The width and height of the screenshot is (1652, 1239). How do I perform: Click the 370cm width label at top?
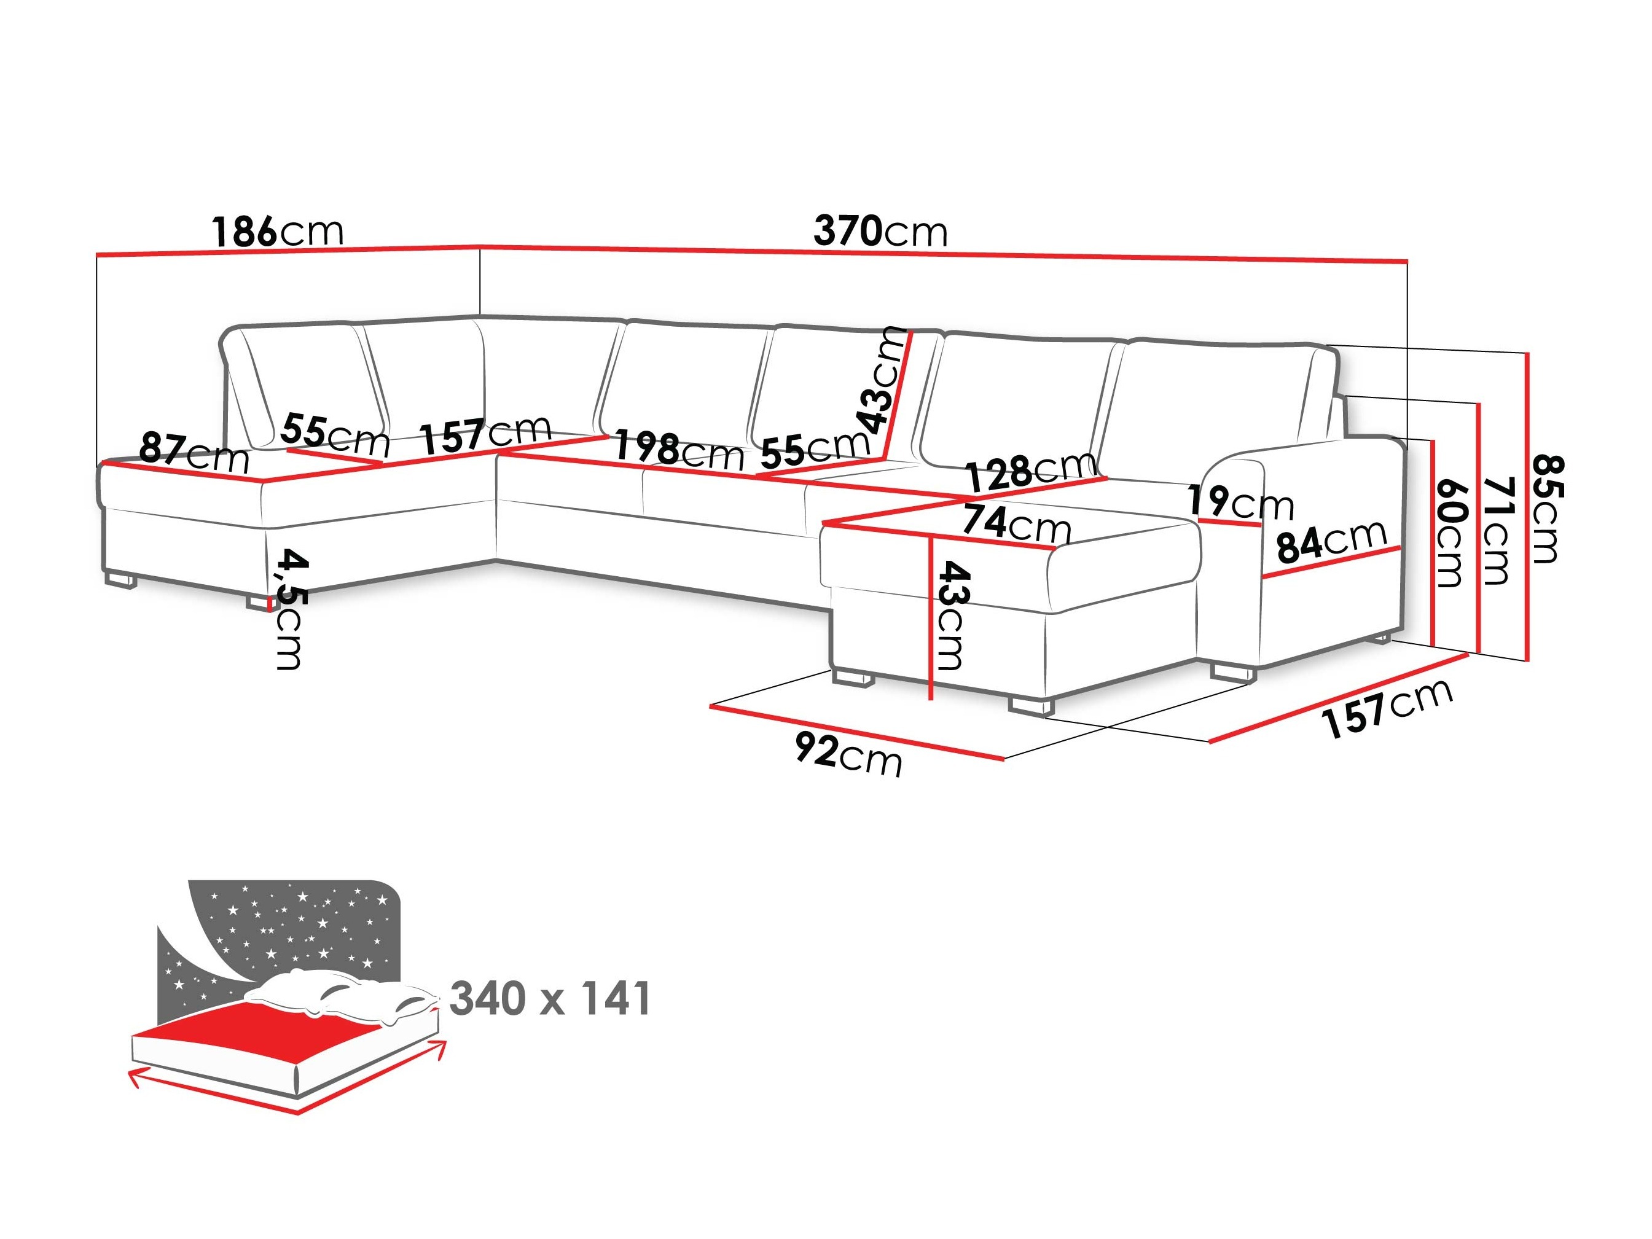click(880, 232)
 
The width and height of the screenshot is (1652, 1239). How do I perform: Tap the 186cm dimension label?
click(277, 232)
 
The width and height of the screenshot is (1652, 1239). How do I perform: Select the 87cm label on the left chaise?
click(194, 453)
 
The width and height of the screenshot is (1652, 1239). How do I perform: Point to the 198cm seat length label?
click(678, 450)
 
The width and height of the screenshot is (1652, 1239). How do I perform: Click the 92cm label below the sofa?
click(848, 755)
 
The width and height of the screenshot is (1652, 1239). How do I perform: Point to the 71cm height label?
click(1496, 530)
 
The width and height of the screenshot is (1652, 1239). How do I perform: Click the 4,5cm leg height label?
click(289, 609)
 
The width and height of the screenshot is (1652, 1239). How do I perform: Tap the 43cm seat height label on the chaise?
click(952, 616)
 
